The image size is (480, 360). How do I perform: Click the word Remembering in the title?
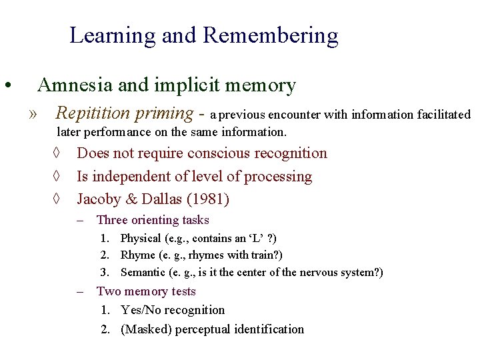(x=271, y=35)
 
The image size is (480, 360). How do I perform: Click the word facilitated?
(x=444, y=115)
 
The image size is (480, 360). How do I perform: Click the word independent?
(x=132, y=177)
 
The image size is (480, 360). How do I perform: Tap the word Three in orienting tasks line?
(x=111, y=220)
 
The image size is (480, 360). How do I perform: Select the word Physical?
(x=141, y=238)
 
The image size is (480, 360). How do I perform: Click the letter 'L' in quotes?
(x=255, y=238)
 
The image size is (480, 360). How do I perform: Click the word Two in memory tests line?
(x=109, y=291)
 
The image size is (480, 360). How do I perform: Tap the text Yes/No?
(x=141, y=310)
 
